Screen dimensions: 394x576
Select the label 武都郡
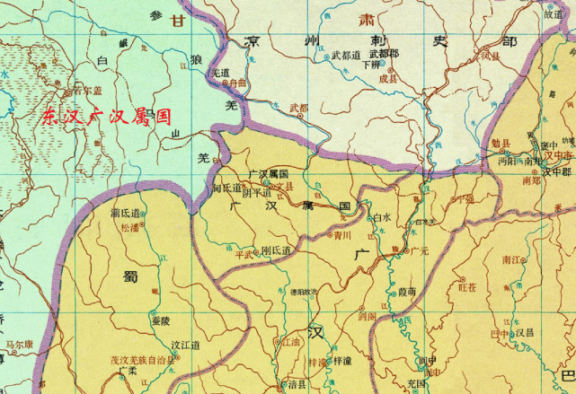tap(383, 55)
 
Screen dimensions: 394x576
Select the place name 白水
tap(382, 217)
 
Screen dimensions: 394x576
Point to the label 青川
tap(341, 237)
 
